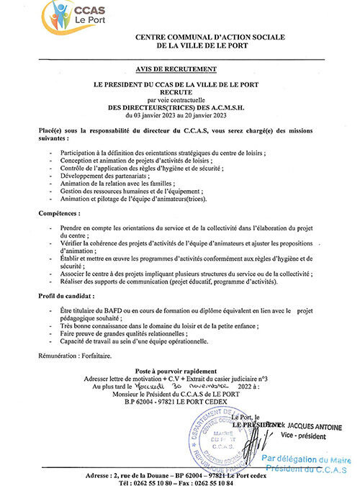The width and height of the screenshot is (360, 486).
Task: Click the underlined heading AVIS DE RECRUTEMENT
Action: (180, 69)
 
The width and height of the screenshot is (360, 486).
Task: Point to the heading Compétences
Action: (59, 214)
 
